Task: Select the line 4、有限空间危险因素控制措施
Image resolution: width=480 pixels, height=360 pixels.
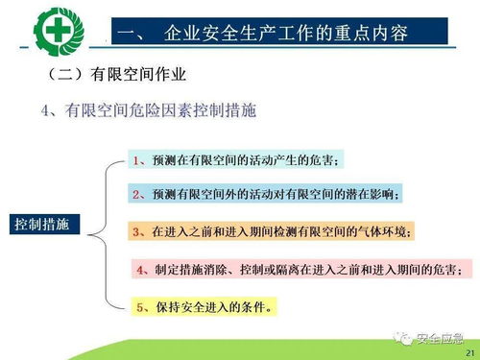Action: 149,111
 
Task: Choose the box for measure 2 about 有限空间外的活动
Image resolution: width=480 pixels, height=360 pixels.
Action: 269,195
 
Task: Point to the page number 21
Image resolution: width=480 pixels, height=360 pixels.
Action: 468,352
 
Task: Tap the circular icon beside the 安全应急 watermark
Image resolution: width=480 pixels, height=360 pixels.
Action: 400,337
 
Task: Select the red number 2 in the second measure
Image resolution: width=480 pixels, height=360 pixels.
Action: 138,195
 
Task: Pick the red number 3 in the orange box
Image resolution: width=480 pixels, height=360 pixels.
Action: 136,231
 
